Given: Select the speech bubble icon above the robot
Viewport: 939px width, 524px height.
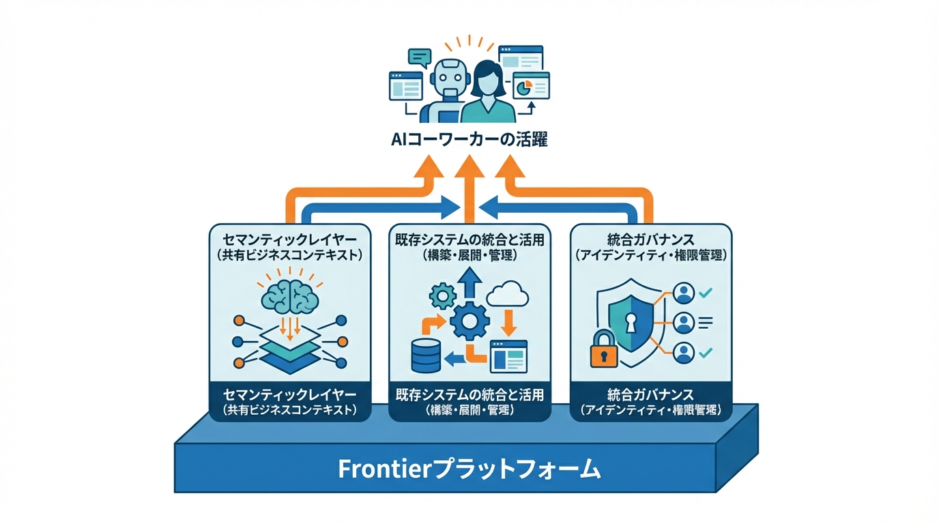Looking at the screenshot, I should [418, 57].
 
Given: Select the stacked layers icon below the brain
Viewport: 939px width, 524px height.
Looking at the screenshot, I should [289, 351].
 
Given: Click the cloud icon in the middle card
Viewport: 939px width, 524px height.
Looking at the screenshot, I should [508, 295].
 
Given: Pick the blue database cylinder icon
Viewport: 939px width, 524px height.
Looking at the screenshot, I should [427, 355].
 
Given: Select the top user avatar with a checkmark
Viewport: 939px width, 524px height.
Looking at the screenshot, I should [683, 293].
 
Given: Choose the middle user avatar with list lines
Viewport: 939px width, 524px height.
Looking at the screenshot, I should [683, 322].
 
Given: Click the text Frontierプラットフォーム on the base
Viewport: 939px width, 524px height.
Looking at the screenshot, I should [470, 469].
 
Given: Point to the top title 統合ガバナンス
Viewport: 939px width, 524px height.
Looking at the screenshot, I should [650, 239].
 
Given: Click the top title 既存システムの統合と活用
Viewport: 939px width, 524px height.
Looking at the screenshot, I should [470, 239].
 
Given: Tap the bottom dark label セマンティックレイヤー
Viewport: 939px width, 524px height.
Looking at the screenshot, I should [289, 395].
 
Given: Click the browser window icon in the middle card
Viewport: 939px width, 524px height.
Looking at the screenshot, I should [508, 355].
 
